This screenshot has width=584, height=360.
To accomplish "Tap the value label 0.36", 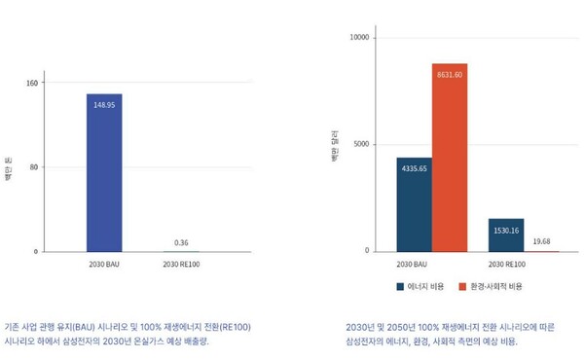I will point(182,242).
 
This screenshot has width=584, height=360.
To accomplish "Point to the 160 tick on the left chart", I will point(32,83).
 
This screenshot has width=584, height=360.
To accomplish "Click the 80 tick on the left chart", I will point(34,167).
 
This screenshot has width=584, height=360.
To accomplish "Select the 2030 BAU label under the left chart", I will point(104,264).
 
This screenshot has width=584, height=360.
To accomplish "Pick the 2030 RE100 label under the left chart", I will point(182,264).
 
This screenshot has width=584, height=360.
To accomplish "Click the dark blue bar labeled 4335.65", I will point(414,204).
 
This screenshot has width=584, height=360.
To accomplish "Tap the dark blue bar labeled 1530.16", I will point(505,234).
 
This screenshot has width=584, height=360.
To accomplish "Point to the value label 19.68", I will point(541,241).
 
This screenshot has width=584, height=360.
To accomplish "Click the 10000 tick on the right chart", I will point(359,38).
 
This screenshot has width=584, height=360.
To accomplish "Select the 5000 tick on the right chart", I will point(361,144).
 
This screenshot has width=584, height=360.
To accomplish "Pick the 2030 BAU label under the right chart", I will point(413,264).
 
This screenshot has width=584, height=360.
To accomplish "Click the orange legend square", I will point(462,287).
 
